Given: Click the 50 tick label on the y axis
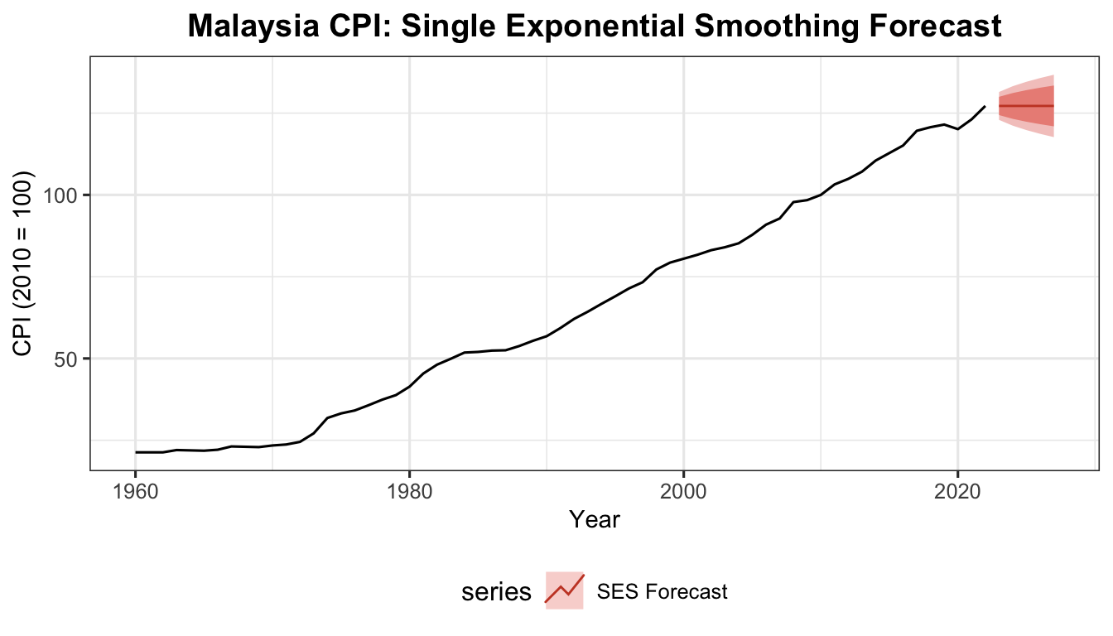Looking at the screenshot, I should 70,359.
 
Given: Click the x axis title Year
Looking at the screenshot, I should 595,520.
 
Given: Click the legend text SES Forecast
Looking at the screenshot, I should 662,592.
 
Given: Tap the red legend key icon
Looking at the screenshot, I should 565,590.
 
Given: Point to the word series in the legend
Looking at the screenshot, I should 496,592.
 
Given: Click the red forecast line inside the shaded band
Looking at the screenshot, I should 1027,106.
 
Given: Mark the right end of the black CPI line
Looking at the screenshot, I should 985,107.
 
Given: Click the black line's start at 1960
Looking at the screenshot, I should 136,452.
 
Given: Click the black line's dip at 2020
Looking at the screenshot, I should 957,129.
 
